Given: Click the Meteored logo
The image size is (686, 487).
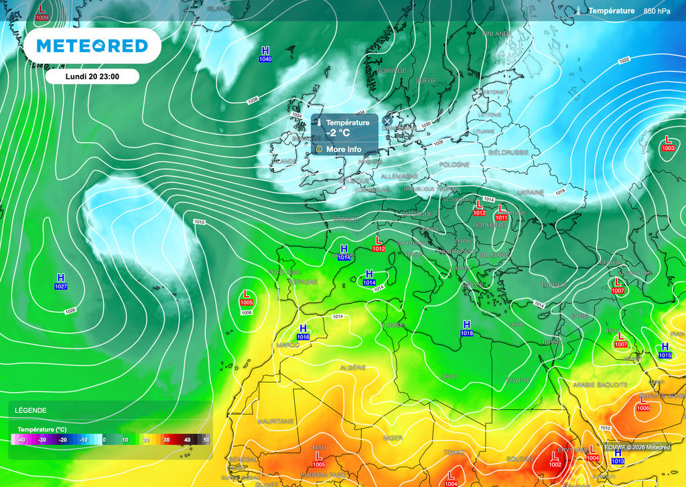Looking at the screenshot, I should pos(92,46).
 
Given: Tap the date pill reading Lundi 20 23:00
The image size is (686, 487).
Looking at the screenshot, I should pos(92,76).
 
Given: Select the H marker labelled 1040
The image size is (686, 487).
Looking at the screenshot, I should pos(265,54).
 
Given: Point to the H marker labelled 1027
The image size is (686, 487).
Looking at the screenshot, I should pos(61,281).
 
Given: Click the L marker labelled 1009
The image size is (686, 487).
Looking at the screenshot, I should pos(42,12).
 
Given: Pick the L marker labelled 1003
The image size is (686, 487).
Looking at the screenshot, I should pos(667,143).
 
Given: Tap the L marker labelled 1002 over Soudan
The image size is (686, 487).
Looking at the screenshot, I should pos(555,459).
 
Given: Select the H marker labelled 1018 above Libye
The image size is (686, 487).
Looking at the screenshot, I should pos(466,328).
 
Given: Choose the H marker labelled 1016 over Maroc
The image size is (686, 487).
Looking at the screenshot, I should pos(303,332).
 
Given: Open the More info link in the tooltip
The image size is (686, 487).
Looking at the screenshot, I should pos(344,149).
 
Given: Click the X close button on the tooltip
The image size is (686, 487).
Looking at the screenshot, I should pos(387,121).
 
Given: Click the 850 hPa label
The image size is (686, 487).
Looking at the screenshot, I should pos(657,11).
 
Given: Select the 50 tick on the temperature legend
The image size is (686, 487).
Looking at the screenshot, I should pos(206,440).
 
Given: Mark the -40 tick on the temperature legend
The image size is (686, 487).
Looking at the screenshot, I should pos(22,440).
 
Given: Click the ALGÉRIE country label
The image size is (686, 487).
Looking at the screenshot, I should pos(353,367).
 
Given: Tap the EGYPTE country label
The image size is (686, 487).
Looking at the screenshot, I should pos(517,380).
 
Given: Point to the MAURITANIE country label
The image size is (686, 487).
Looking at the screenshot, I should pos(276,421).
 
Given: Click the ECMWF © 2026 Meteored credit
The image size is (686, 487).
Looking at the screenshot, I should pos(636,447).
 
